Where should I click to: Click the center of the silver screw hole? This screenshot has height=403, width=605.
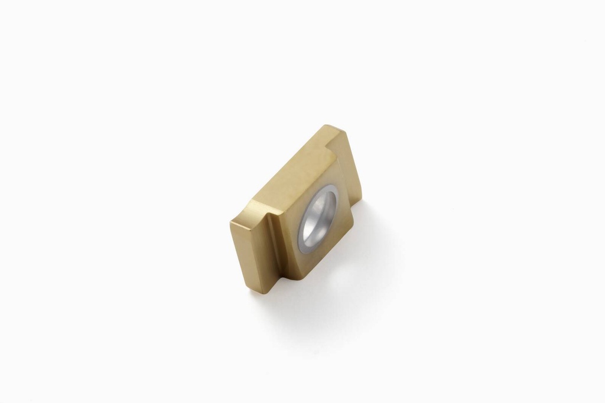coord(319,217)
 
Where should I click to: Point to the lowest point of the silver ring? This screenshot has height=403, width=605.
coord(305,251)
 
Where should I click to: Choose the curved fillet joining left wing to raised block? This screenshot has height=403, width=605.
coord(270,236)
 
